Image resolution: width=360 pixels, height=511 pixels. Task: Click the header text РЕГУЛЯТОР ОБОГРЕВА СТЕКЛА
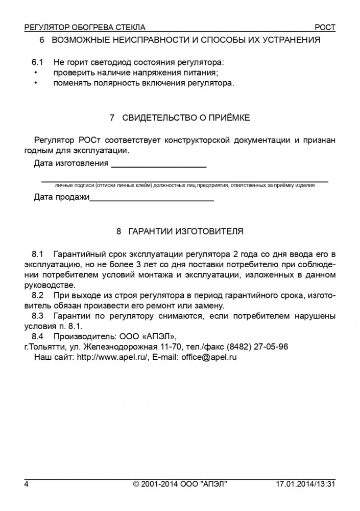pos(85,27)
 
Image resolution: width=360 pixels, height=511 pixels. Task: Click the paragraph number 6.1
pos(38,62)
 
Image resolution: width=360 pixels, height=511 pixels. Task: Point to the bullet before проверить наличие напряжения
pos(36,73)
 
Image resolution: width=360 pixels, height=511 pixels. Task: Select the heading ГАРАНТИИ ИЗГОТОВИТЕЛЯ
pos(186,231)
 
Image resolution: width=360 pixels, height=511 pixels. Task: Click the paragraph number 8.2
pos(38,296)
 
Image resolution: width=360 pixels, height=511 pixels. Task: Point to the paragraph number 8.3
pos(38,316)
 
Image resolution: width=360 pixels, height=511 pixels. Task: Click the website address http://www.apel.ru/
pos(112,358)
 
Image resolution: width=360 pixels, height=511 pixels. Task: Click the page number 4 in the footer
pos(26,483)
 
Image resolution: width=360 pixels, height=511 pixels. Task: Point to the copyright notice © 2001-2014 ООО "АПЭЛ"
pos(180,483)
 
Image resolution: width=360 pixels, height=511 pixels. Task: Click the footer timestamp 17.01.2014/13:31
pos(305,483)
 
